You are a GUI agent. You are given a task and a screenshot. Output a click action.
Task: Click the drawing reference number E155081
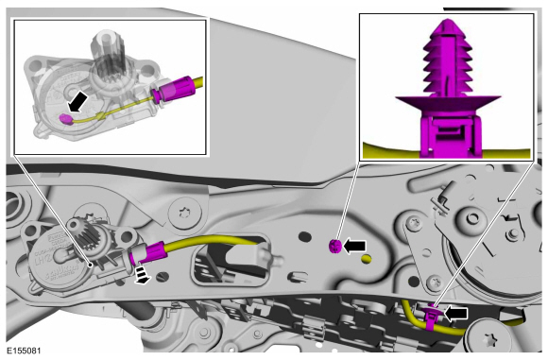[x=24, y=351]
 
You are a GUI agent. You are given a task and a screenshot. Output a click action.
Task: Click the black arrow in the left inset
[x=78, y=101]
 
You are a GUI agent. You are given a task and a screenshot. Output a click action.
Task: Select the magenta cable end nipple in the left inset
[x=65, y=119]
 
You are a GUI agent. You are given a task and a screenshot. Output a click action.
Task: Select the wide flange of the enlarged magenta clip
[x=448, y=103]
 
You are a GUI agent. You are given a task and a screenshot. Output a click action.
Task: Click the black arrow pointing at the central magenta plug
[x=354, y=246]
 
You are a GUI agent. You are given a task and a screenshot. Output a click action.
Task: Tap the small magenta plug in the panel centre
[x=334, y=247]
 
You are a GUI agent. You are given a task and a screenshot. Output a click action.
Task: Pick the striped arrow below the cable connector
[x=142, y=273]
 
